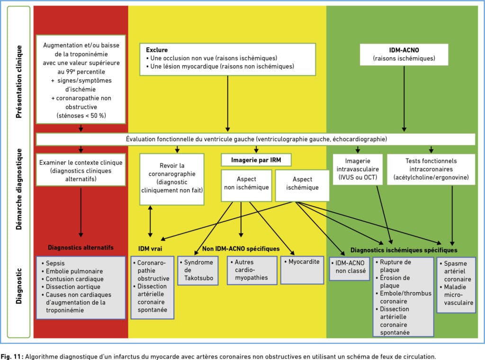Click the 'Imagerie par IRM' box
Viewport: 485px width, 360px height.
tap(256, 160)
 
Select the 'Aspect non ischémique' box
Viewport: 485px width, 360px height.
tap(246, 185)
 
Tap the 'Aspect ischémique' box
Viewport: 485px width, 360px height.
tap(302, 185)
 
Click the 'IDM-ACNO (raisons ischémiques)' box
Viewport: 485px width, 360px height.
tap(404, 54)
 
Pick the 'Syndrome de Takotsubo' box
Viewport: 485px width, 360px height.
tap(198, 270)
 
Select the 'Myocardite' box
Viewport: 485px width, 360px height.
tap(302, 270)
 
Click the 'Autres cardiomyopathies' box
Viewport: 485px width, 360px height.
tap(252, 270)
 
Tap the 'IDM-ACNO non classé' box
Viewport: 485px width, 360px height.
tap(350, 269)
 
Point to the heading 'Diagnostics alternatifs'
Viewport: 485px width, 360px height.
tap(81, 247)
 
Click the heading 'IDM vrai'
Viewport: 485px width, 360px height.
tap(150, 249)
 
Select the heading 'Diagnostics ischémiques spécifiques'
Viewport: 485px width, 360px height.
tap(404, 250)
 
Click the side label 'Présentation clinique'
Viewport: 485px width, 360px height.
tap(19, 81)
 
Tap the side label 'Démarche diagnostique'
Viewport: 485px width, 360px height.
tap(19, 189)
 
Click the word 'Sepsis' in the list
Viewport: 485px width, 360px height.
tap(55, 263)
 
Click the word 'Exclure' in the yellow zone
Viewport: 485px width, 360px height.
tap(157, 50)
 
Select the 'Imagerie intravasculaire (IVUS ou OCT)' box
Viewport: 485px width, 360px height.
tap(358, 169)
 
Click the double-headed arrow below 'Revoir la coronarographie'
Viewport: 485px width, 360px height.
tap(150, 221)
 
